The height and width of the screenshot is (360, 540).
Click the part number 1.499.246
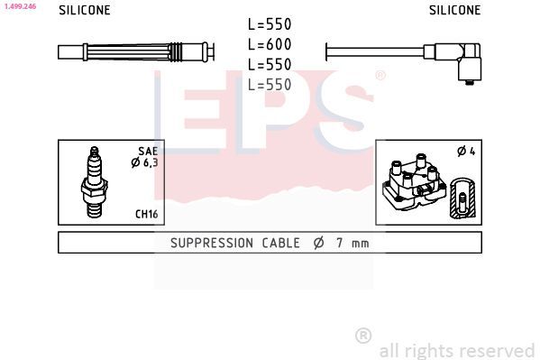point(19,5)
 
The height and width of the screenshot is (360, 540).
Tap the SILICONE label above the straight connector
point(85,11)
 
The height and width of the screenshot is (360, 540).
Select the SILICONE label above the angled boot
point(454,11)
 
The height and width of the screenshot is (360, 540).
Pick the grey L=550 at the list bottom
point(270,85)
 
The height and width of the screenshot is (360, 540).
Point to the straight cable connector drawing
point(135,51)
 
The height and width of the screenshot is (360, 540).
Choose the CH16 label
point(146,214)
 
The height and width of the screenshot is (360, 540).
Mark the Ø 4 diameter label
point(466,152)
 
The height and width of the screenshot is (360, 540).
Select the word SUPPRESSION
point(211,243)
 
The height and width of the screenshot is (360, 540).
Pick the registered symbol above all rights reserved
point(363,336)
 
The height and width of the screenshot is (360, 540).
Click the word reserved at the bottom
point(494,350)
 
